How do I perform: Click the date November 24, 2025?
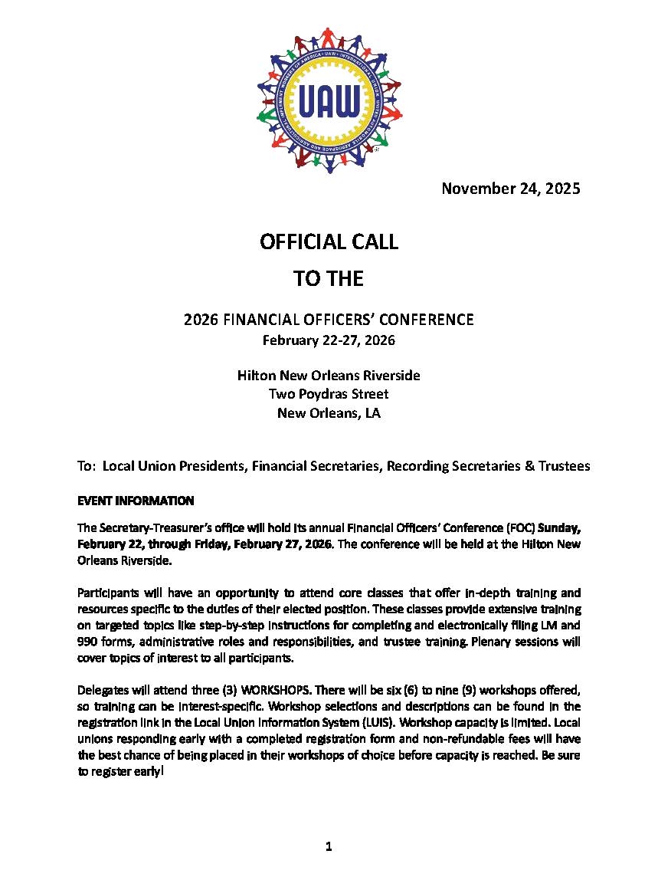click(510, 189)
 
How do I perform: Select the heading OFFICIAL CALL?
click(329, 242)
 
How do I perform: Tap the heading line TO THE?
click(329, 279)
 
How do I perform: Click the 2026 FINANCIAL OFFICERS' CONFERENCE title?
click(329, 320)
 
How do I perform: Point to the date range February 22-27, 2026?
click(329, 340)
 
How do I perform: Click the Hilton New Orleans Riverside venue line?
click(329, 376)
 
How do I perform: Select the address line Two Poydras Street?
click(329, 394)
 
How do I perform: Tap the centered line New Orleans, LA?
click(329, 413)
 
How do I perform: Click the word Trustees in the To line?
click(564, 466)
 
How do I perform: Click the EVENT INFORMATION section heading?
click(136, 501)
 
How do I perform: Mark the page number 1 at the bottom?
click(329, 847)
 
